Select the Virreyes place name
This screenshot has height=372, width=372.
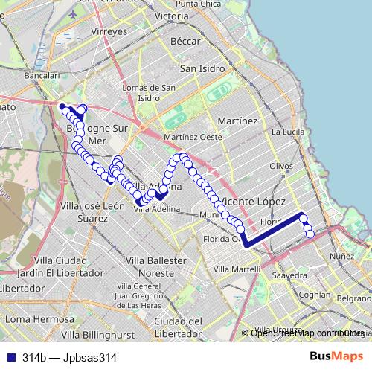point(109,33)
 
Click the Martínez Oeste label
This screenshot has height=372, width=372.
point(193,137)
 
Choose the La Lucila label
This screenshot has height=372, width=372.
point(288,132)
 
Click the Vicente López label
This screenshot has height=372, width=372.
point(254,202)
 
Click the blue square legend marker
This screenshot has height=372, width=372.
point(11,357)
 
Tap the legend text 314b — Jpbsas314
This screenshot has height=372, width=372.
point(69,357)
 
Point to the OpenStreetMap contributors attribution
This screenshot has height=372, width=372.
point(307,333)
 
